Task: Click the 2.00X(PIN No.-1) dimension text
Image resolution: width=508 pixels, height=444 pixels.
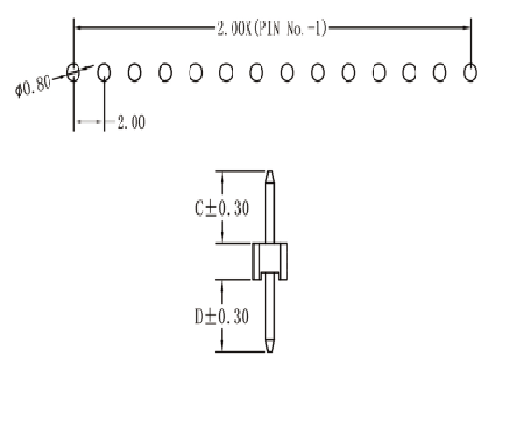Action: [272, 29]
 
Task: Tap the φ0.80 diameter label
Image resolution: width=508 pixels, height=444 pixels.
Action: [33, 86]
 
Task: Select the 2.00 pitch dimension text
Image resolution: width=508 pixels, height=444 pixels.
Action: [132, 122]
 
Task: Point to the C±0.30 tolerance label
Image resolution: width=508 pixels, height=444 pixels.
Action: [222, 208]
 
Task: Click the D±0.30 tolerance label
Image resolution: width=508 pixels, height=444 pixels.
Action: [222, 317]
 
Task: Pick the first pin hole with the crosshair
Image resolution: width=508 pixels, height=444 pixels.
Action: [73, 72]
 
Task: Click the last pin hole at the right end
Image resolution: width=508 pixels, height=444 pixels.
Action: [471, 72]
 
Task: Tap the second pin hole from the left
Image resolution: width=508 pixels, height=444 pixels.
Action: [104, 72]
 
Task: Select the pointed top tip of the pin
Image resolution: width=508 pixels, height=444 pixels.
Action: [270, 172]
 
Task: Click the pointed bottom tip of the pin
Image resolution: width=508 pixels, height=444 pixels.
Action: [270, 351]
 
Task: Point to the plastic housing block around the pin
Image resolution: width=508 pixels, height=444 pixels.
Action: [270, 262]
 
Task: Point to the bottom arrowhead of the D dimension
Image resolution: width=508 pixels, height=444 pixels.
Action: [222, 346]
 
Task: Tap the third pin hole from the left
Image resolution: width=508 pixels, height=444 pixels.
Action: [134, 72]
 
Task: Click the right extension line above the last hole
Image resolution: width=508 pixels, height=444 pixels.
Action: [471, 40]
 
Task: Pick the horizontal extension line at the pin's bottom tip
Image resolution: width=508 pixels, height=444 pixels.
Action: [240, 351]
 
